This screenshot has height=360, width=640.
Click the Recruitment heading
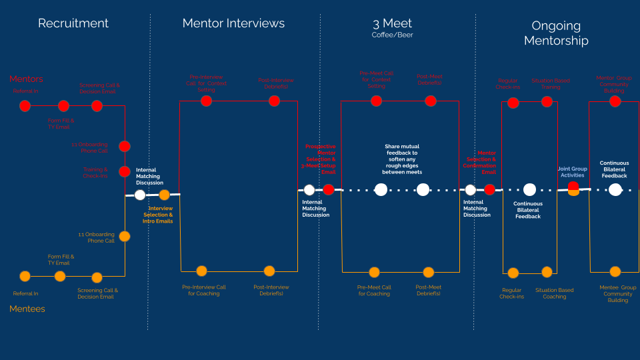[x=73, y=23]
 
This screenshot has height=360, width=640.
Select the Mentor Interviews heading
[x=233, y=23]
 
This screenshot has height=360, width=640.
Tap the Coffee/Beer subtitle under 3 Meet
[x=392, y=35]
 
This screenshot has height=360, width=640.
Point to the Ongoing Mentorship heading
[x=556, y=33]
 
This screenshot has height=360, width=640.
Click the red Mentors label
[x=26, y=79]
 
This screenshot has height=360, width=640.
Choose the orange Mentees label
[x=27, y=309]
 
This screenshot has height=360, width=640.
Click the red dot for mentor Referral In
[x=25, y=105]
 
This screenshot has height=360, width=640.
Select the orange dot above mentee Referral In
[x=25, y=276]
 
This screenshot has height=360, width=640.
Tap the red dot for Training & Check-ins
[x=125, y=171]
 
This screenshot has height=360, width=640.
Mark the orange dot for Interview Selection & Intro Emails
[x=164, y=195]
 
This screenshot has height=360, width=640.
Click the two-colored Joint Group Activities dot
[x=573, y=189]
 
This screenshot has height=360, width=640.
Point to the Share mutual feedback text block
[x=402, y=159]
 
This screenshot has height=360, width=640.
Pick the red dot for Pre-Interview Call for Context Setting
[x=206, y=101]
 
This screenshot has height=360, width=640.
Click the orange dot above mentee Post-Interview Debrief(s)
[x=269, y=271]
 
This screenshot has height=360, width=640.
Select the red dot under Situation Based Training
[x=547, y=102]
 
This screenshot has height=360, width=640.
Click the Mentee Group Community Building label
[x=617, y=293]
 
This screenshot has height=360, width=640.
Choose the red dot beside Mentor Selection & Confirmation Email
[x=489, y=189]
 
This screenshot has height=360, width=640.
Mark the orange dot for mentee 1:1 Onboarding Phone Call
[x=125, y=236]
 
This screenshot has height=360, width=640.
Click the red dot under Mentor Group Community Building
[x=615, y=101]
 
